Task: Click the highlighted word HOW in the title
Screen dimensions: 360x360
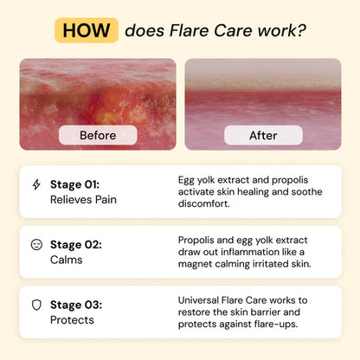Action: (87, 30)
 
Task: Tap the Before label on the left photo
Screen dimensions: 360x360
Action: (98, 135)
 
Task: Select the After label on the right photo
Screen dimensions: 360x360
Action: (262, 135)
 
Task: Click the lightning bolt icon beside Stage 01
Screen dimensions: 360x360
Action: (35, 184)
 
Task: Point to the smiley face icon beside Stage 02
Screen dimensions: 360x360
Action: (35, 245)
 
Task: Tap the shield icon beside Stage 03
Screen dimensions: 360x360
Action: (35, 305)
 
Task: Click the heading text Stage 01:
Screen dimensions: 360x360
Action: (74, 184)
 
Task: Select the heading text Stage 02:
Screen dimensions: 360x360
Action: (75, 245)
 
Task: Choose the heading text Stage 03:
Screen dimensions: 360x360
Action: (75, 305)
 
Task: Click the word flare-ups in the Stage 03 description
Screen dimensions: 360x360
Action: (297, 324)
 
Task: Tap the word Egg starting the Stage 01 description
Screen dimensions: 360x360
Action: (188, 179)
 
